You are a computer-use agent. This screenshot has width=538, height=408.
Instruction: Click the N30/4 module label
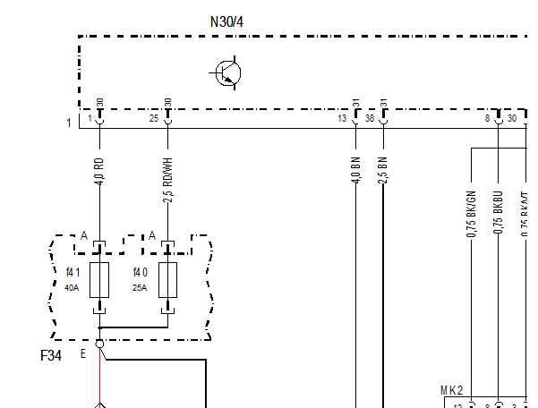pyautogui.click(x=226, y=21)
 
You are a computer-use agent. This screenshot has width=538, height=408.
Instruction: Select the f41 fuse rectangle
pyautogui.click(x=99, y=280)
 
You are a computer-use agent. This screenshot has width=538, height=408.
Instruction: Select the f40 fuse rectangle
pyautogui.click(x=167, y=280)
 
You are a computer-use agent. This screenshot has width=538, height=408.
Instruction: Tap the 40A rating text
pyautogui.click(x=73, y=288)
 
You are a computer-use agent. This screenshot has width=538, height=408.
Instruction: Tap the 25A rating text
pyautogui.click(x=140, y=288)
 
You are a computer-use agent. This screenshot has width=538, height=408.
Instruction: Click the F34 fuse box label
pyautogui.click(x=51, y=355)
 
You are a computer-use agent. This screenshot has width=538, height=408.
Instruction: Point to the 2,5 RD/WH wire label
pyautogui.click(x=167, y=179)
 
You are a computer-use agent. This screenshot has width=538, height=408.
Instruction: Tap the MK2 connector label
pyautogui.click(x=452, y=391)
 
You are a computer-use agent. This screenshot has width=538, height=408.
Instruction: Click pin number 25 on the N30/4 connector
pyautogui.click(x=154, y=118)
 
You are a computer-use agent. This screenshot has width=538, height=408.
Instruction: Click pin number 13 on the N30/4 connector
pyautogui.click(x=342, y=118)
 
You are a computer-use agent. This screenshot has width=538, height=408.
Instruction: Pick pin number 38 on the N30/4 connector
pyautogui.click(x=369, y=118)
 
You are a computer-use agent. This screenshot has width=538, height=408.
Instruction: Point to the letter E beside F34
pyautogui.click(x=83, y=353)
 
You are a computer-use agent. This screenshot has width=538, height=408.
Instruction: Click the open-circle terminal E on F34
pyautogui.click(x=99, y=343)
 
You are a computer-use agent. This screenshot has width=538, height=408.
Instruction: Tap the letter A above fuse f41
pyautogui.click(x=84, y=235)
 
